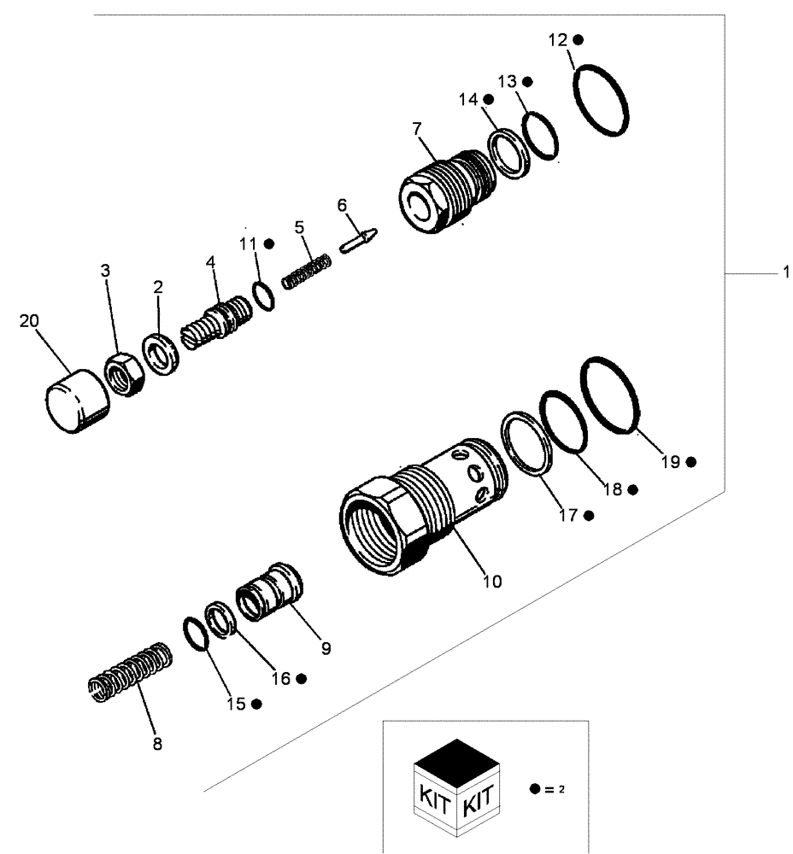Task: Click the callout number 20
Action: [29, 320]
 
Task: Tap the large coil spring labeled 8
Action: [132, 673]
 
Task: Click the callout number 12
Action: [557, 40]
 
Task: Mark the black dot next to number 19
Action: [690, 462]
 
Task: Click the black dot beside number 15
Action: [256, 704]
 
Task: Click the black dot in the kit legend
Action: [534, 789]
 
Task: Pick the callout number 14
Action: [467, 100]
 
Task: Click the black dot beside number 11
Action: [268, 243]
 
